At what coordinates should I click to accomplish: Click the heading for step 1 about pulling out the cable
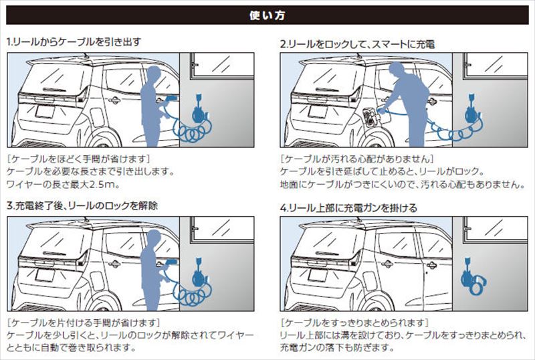coord(74,41)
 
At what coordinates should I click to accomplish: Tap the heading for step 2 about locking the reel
coord(357,45)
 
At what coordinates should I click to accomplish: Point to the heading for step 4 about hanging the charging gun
coord(348,208)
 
